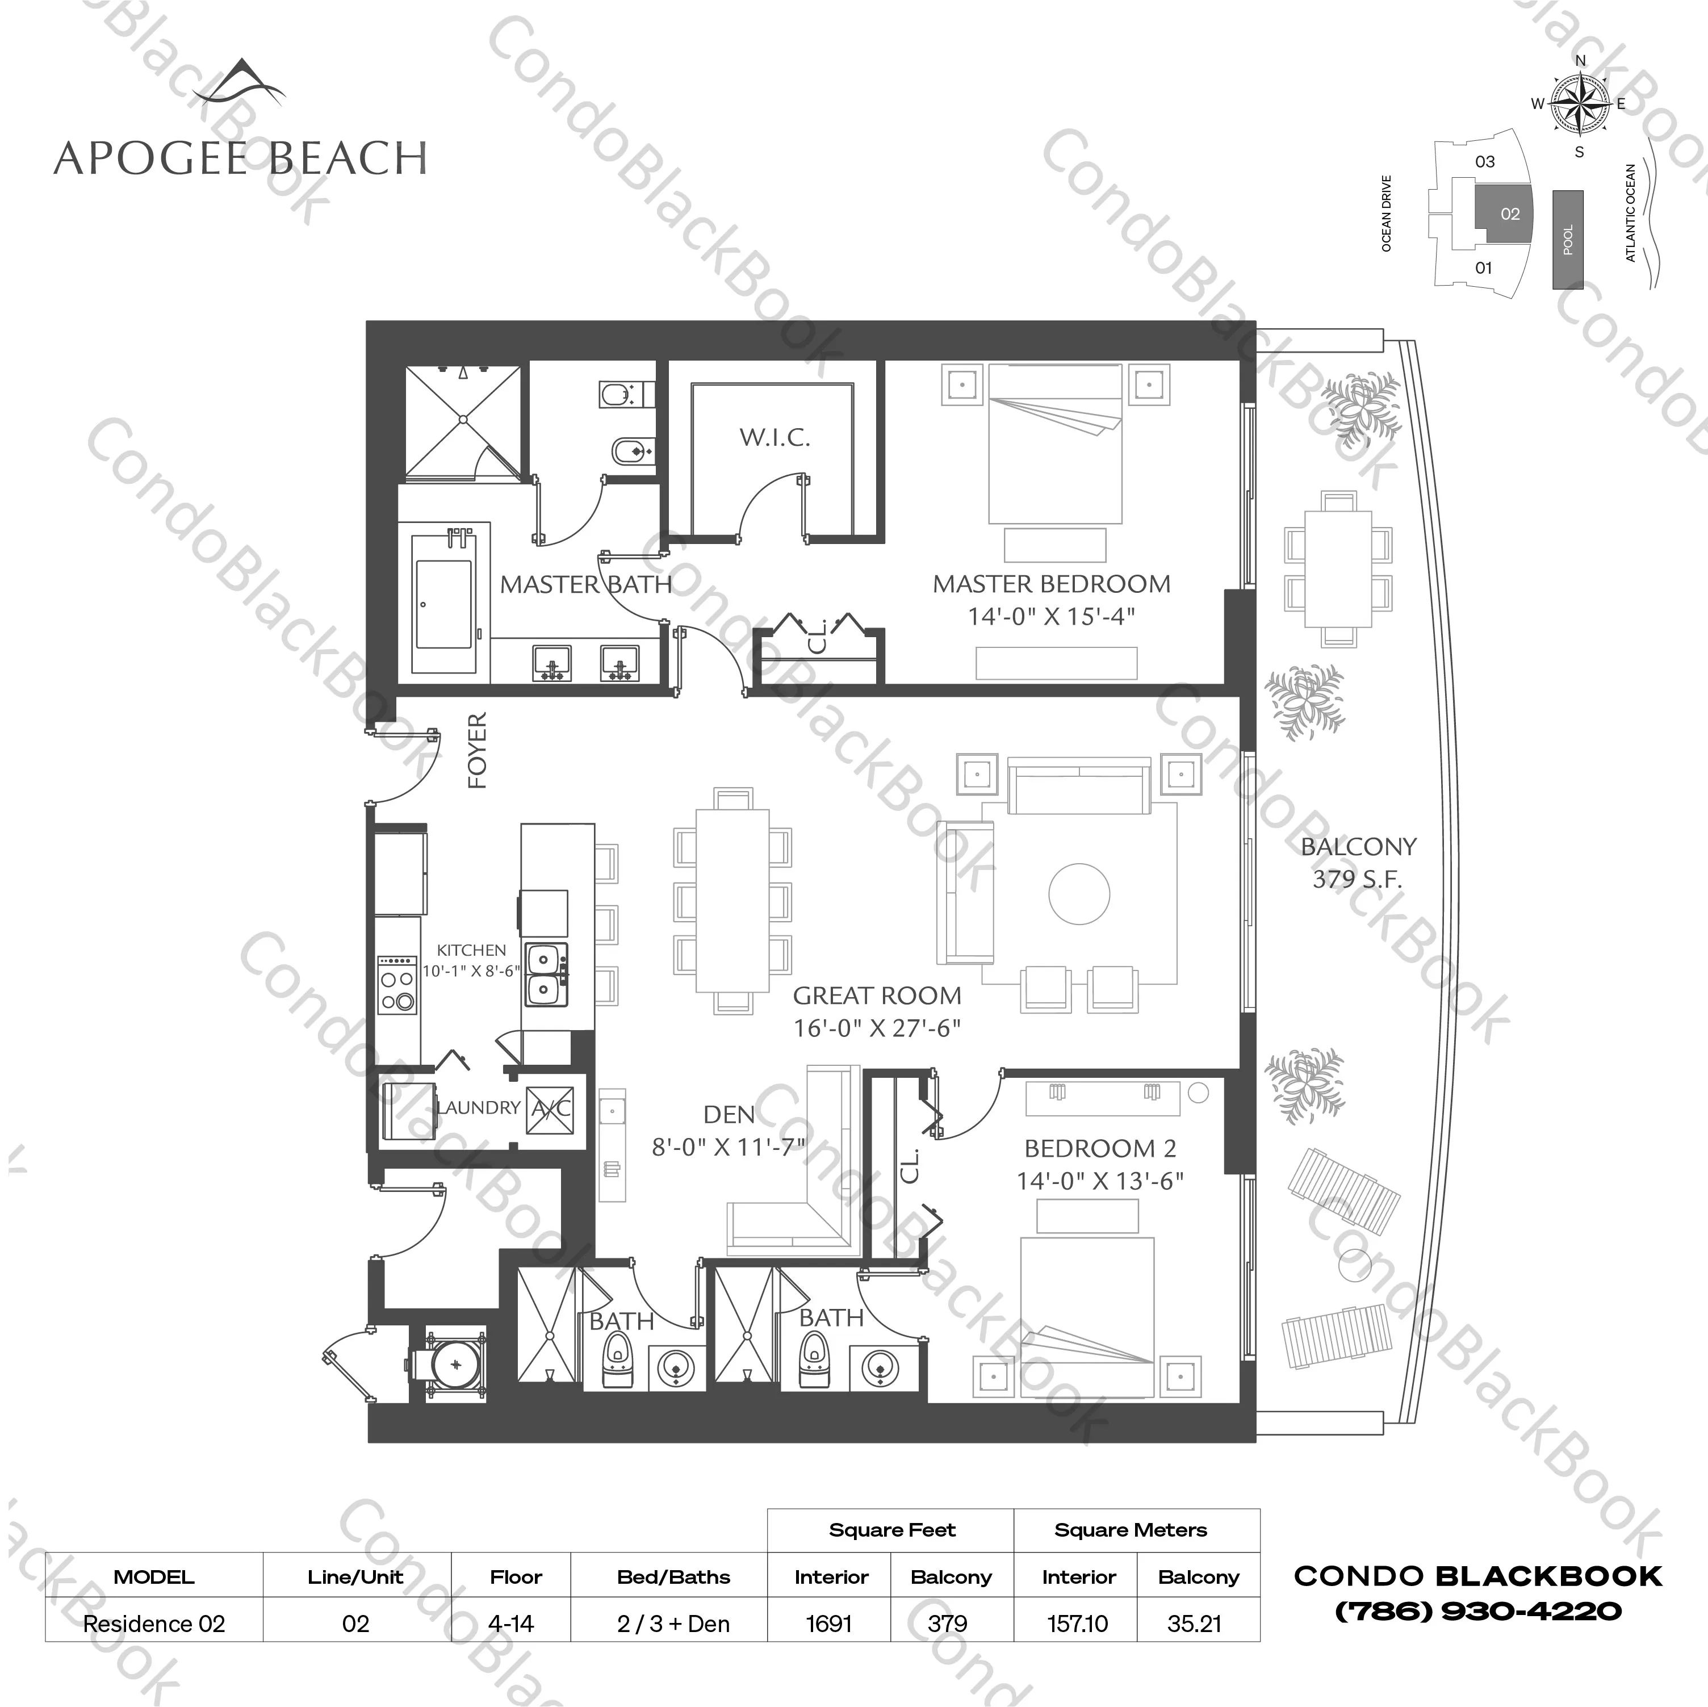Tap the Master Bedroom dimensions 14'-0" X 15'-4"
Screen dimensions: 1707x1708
tap(1050, 616)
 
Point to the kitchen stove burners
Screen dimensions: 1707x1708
tap(397, 986)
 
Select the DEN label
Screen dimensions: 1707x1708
tap(729, 1115)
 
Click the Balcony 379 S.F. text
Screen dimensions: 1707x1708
tap(1358, 863)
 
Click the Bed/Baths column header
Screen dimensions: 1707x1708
tap(673, 1577)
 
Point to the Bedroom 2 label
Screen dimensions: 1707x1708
tap(1100, 1148)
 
